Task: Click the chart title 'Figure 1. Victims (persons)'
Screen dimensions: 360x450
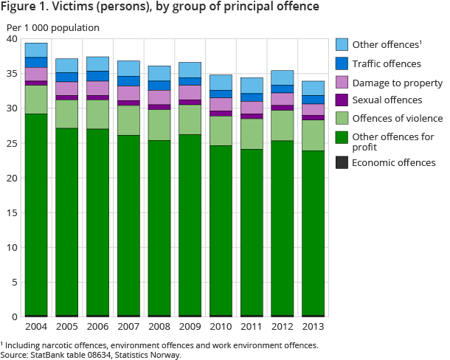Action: [x=161, y=9]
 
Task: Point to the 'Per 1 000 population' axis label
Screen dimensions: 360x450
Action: [x=52, y=28]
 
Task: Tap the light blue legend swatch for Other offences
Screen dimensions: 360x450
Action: [x=342, y=44]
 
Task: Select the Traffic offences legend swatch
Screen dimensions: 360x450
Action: [x=342, y=64]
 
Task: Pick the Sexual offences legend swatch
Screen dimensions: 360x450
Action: [x=342, y=100]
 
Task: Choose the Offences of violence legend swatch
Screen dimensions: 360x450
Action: [x=342, y=119]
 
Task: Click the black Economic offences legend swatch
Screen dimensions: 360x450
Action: [x=342, y=163]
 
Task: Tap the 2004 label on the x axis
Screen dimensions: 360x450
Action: [x=36, y=325]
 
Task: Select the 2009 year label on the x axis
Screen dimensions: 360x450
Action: [x=190, y=325]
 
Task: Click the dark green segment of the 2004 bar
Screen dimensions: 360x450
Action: [x=36, y=214]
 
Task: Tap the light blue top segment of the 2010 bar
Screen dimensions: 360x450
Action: [x=221, y=82]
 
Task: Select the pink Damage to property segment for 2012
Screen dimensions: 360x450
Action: [x=283, y=99]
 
